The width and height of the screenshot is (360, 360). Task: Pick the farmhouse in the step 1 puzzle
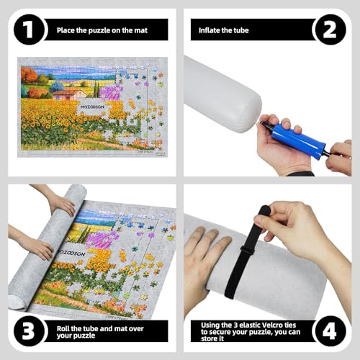coord(68,94)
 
